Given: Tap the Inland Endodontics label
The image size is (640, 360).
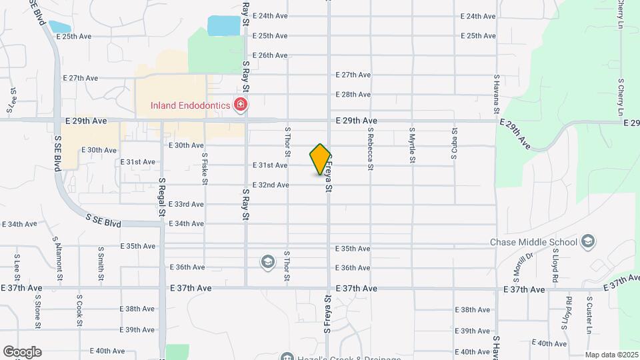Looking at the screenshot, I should (x=189, y=105).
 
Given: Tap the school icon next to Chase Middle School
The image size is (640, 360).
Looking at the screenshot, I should (x=588, y=241).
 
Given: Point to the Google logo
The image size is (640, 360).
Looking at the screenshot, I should (x=22, y=351).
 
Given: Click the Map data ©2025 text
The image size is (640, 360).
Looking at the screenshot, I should (x=612, y=355).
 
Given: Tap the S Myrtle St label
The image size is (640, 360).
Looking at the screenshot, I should (x=412, y=145).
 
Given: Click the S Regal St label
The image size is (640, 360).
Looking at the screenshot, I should (x=162, y=197).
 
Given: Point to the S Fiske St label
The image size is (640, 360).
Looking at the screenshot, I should (x=205, y=169).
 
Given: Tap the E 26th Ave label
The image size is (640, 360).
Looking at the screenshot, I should (x=270, y=55).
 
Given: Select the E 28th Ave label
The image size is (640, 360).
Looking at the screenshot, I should (x=353, y=95).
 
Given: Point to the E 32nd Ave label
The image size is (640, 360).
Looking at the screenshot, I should (x=270, y=185).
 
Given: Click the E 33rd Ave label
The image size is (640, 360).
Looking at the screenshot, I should (x=186, y=204).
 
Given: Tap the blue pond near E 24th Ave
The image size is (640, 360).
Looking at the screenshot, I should (x=223, y=25).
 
